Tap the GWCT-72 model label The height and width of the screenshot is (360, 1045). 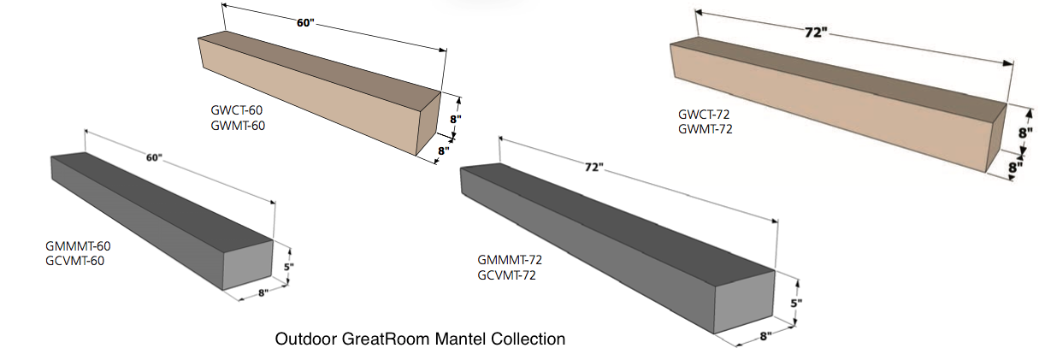coord(705,115)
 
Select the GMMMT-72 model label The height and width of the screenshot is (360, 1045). coord(511,260)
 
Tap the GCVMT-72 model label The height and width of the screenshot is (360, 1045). coord(508,274)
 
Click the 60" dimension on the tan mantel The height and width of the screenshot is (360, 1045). coord(305,23)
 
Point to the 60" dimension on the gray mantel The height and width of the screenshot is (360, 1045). coord(154,157)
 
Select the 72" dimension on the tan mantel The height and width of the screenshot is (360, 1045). coord(815,32)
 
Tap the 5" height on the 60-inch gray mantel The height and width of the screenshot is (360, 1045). coord(289,267)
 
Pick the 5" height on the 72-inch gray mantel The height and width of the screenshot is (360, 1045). coord(796,302)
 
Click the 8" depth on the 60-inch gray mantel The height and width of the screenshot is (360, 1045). coord(261,293)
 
